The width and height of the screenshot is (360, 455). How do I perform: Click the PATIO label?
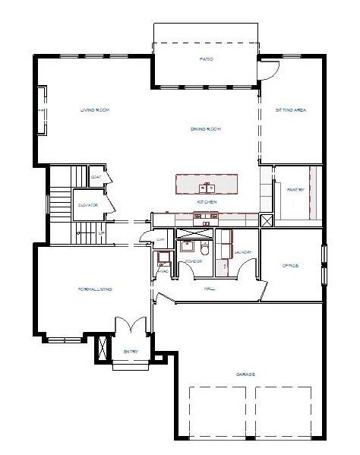point(206,59)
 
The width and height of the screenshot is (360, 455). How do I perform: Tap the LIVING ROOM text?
point(96,111)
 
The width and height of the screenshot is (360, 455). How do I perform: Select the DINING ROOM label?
point(206,130)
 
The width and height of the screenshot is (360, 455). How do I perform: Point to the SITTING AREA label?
point(291,111)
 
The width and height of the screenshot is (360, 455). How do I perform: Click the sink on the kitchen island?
point(207,186)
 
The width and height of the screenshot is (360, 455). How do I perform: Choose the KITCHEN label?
point(207,202)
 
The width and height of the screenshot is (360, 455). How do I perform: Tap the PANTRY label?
point(296,189)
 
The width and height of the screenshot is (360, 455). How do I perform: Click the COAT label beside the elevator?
point(96,178)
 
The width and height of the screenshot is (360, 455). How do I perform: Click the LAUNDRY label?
point(242,252)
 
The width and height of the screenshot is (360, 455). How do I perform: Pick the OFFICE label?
point(290,266)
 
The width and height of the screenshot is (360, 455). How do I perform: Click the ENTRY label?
point(131,351)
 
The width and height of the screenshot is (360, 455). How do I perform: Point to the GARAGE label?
point(245,374)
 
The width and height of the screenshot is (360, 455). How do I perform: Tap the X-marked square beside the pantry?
point(266,221)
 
